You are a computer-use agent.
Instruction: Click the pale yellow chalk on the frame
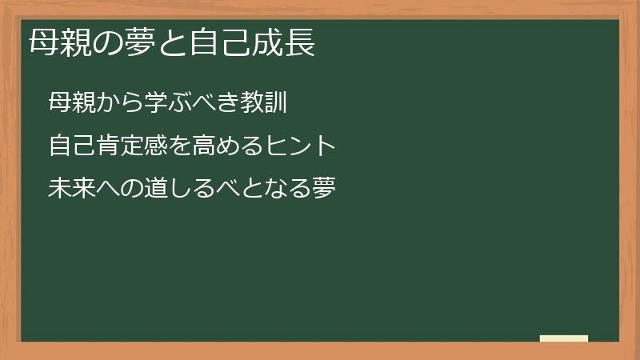tap(564, 338)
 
